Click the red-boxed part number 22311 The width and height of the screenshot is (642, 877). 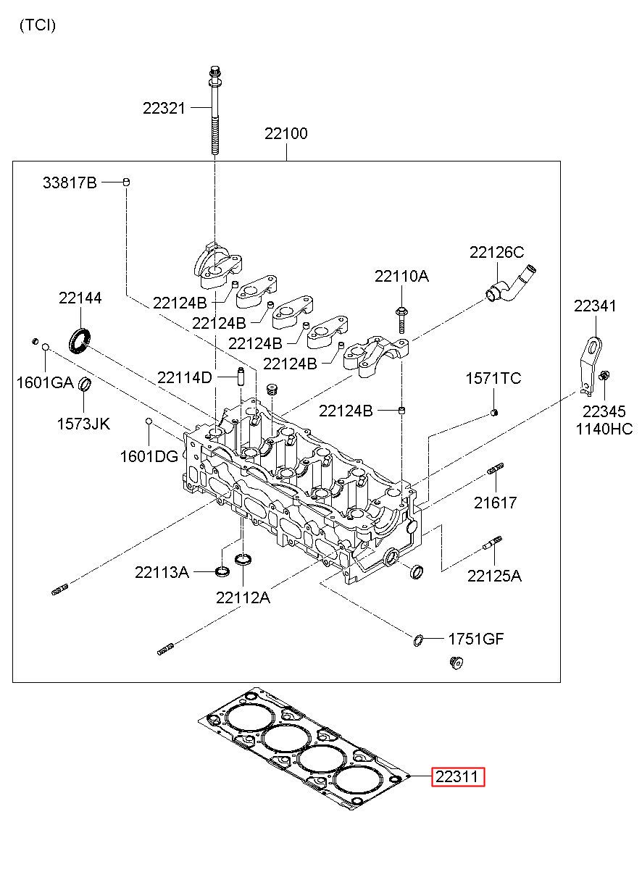pos(457,776)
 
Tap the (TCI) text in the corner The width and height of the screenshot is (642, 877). pos(38,25)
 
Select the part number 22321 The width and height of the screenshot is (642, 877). pos(164,108)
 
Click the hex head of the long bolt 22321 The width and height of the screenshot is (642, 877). pos(214,72)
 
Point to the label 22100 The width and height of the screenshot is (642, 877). pos(286,133)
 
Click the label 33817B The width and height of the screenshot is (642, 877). pos(70,182)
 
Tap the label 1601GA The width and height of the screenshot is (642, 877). pos(45,382)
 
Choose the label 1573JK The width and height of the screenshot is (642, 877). pos(83,424)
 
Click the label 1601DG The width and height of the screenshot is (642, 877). pos(149,456)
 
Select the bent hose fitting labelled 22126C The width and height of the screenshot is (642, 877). pos(511,284)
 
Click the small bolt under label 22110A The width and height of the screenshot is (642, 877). pos(402,319)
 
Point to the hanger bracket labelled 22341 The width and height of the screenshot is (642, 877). pos(591,365)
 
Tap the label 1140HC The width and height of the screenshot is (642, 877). pos(604,429)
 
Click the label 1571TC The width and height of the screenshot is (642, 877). pos(493,378)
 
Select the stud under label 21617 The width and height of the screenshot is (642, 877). pos(496,469)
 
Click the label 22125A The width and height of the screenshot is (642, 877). pos(494,576)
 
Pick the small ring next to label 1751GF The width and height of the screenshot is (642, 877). pos(418,639)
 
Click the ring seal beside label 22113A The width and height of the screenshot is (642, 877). pos(222,571)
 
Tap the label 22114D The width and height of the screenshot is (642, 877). pos(185,377)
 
